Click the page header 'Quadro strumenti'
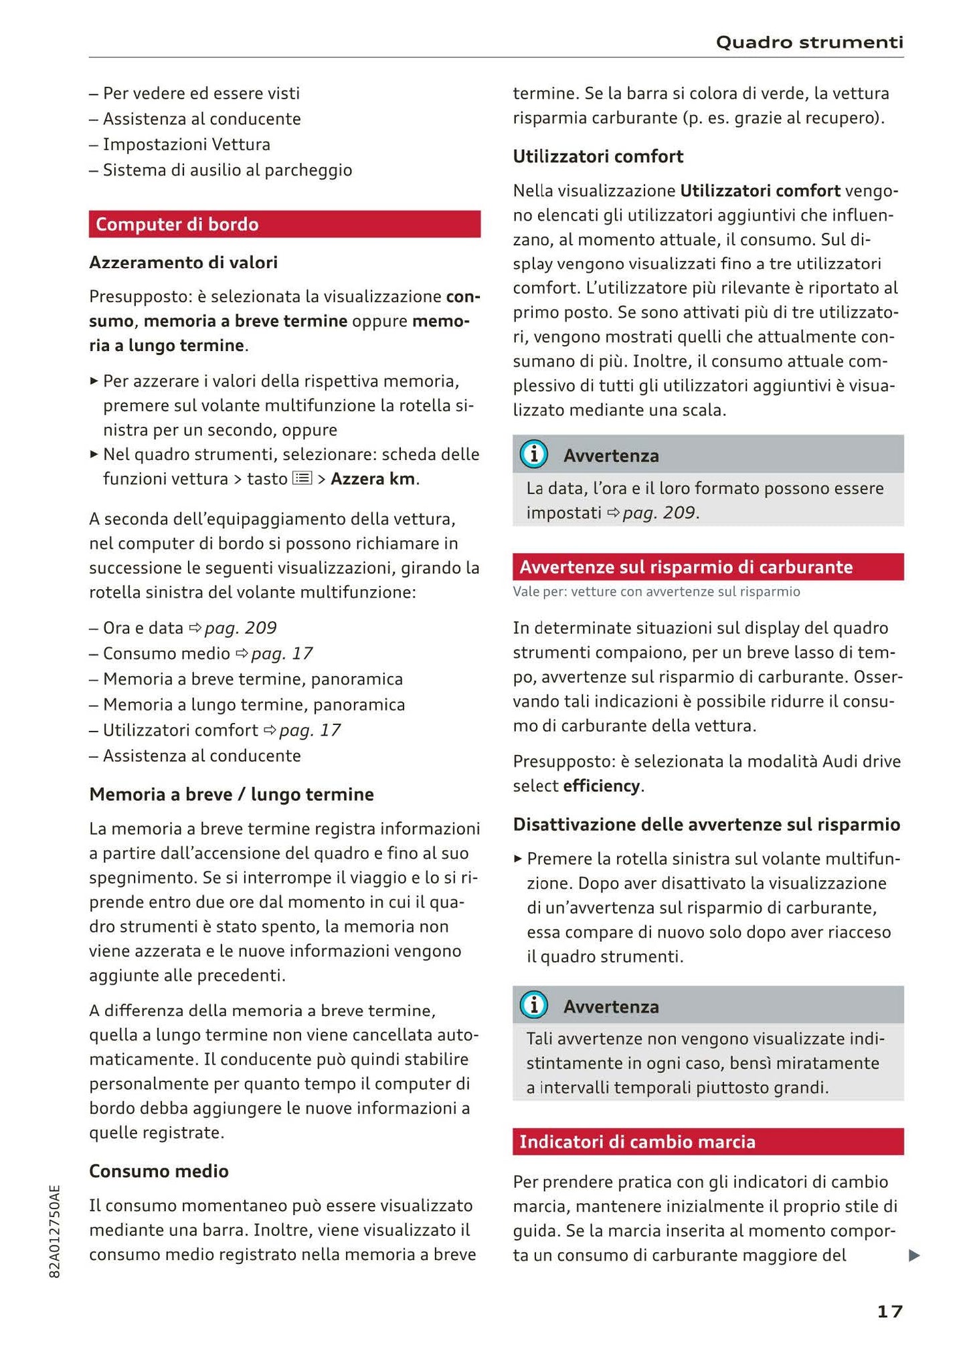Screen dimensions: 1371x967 coord(809,43)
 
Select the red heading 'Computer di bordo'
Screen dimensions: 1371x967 coord(177,225)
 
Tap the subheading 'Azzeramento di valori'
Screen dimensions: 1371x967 coord(183,262)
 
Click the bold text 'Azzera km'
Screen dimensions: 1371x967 coord(373,479)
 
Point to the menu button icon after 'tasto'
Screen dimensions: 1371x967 coord(302,479)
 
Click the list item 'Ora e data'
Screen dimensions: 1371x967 coord(143,628)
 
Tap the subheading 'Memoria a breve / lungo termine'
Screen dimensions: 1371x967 coord(232,795)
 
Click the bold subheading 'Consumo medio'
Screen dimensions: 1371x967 coord(159,1171)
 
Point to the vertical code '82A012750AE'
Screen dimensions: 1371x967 coord(55,1231)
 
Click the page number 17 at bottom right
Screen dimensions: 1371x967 coord(889,1311)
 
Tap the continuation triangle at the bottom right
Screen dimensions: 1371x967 coord(914,1256)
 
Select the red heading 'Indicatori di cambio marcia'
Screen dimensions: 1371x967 coord(637,1142)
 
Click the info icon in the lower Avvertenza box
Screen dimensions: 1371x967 coord(534,1005)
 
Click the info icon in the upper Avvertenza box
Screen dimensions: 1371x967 coord(534,455)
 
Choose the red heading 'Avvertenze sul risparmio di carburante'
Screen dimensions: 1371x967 coord(686,567)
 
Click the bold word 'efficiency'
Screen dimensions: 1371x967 coord(602,786)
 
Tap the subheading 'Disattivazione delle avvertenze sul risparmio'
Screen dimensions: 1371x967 coord(706,825)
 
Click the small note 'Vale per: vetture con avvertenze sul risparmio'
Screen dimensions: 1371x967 coord(656,592)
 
